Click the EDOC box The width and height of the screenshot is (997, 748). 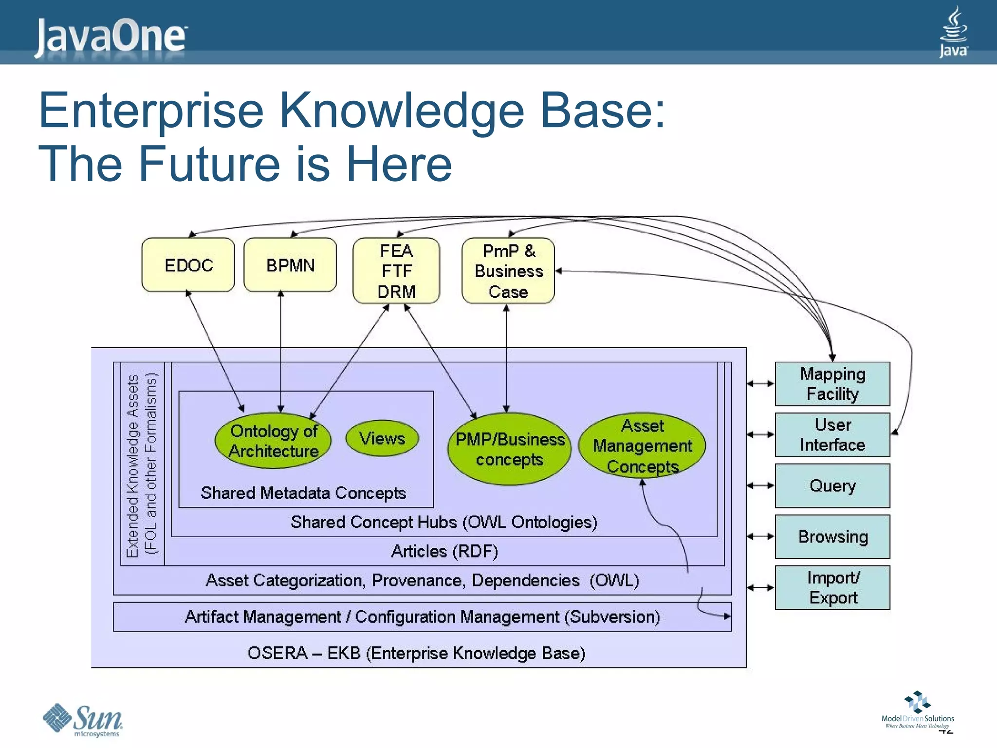[x=188, y=265]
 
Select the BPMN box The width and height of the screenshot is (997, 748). [x=290, y=265]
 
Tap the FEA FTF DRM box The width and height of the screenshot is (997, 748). [x=396, y=271]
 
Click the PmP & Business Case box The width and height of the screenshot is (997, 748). [x=508, y=271]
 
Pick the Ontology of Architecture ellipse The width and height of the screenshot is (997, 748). [x=273, y=441]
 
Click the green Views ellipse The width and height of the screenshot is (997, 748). [x=382, y=438]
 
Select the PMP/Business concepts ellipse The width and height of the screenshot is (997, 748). [x=509, y=449]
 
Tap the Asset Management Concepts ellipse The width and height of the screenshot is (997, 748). [x=642, y=446]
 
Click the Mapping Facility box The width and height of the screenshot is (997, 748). [x=832, y=384]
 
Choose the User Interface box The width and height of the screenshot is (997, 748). [x=832, y=435]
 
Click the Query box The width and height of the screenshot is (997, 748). [x=832, y=486]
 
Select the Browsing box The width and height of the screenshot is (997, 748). [x=832, y=537]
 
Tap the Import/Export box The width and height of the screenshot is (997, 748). [x=832, y=587]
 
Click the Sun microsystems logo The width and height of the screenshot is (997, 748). [x=83, y=720]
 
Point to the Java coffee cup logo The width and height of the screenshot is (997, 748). [x=953, y=32]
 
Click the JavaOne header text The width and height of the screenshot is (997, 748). [x=111, y=36]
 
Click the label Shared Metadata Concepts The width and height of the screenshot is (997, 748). [x=303, y=493]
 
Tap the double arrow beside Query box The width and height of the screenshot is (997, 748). [x=760, y=486]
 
